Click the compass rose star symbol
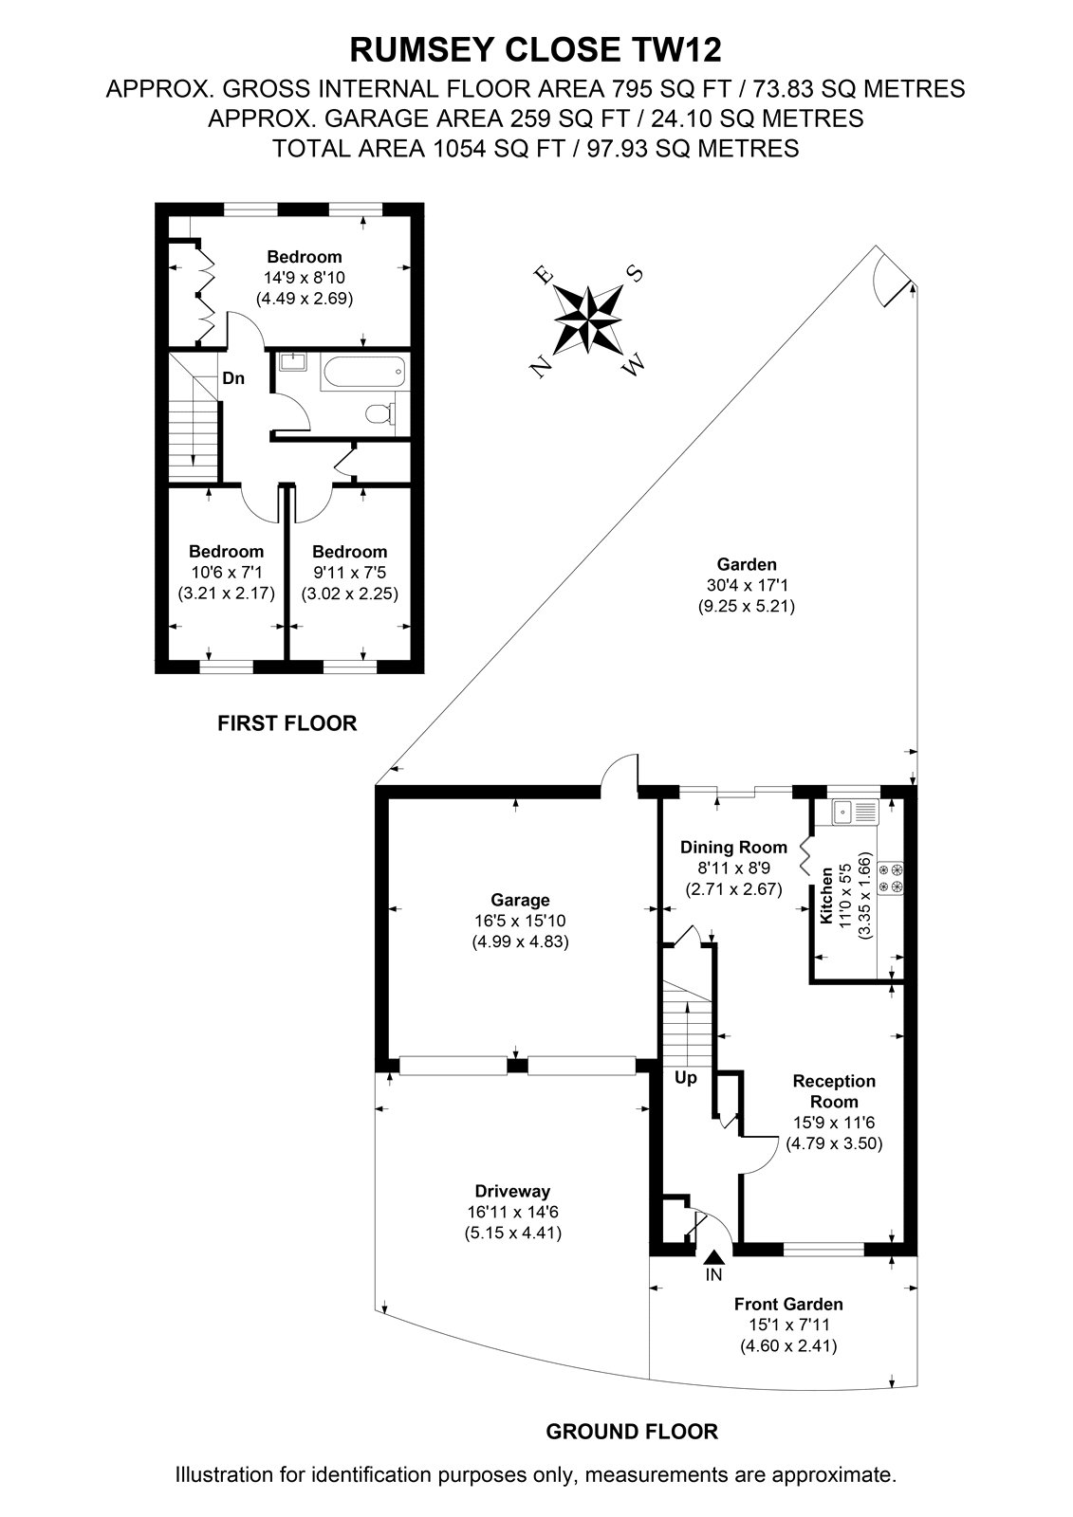click(x=587, y=319)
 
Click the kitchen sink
click(x=856, y=811)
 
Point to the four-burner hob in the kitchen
click(x=891, y=878)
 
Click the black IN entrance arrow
click(x=713, y=1257)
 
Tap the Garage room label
click(x=520, y=900)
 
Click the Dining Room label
click(x=733, y=848)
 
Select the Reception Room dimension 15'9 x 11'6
click(x=834, y=1123)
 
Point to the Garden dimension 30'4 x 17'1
click(x=747, y=584)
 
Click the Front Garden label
click(x=788, y=1304)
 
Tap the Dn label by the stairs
click(x=233, y=378)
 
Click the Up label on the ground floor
click(x=685, y=1077)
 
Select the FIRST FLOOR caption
click(x=287, y=723)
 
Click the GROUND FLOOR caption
click(x=632, y=1432)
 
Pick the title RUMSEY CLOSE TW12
click(x=535, y=50)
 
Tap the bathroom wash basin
click(x=291, y=362)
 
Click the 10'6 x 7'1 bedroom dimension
click(x=226, y=573)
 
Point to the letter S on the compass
click(x=635, y=274)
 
